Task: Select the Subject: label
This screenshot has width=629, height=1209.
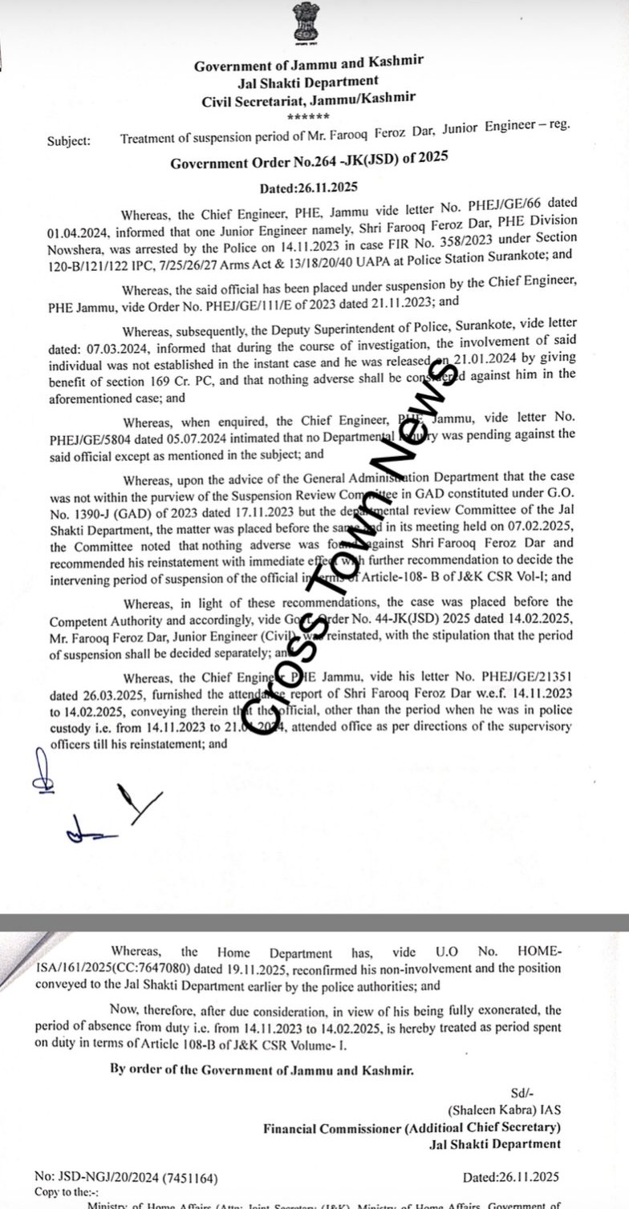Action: click(x=69, y=140)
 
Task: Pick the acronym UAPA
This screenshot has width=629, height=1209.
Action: click(x=383, y=257)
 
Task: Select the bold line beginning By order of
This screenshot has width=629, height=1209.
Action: click(x=262, y=1069)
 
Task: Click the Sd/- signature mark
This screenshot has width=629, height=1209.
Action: click(x=522, y=1094)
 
